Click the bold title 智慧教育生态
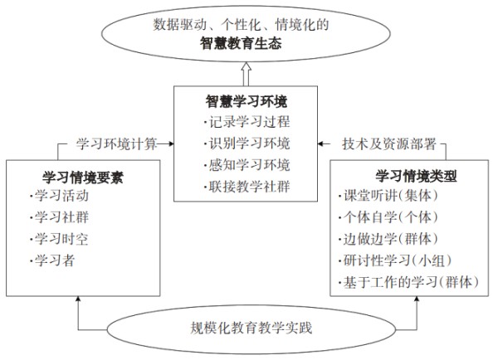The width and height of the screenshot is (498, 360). (x=241, y=43)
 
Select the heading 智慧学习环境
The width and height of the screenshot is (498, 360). (x=247, y=101)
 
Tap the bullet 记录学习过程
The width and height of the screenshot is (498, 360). (x=247, y=122)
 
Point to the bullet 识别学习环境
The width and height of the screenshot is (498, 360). (x=247, y=144)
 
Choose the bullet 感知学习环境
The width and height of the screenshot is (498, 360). (x=247, y=165)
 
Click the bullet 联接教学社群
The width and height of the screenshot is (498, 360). (x=247, y=187)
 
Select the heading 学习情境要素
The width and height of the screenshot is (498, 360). (x=83, y=178)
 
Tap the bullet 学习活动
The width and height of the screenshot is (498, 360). (x=59, y=196)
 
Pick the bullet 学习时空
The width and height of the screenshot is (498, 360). (x=59, y=239)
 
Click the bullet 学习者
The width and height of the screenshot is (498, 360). (x=52, y=260)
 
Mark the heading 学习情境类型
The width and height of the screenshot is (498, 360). (x=416, y=176)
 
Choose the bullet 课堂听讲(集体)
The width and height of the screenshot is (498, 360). (x=388, y=196)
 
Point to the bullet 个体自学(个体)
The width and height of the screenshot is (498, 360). (x=388, y=217)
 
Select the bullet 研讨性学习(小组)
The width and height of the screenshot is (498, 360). (x=395, y=260)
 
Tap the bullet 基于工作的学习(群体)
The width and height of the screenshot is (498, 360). (x=408, y=282)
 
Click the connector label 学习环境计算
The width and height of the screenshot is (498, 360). (x=116, y=144)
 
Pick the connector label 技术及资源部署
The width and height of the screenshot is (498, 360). (x=388, y=144)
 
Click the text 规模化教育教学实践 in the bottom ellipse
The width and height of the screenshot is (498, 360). (x=251, y=328)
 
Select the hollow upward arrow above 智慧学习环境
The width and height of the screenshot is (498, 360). (x=247, y=74)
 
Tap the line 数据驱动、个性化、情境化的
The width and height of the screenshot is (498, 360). (x=241, y=25)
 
